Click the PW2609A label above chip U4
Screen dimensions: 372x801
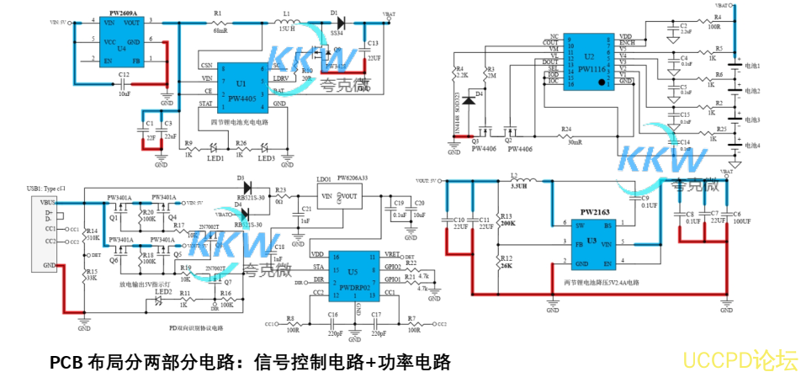coord(124,13)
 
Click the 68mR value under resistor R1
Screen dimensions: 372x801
coord(220,30)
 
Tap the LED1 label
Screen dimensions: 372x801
coord(215,158)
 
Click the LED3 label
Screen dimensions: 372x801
coord(267,158)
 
